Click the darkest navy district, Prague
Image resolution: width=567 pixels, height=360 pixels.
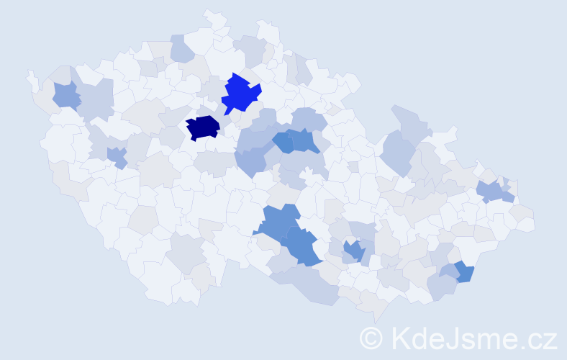point(203,127)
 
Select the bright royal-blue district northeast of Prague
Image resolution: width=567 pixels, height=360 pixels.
point(240,94)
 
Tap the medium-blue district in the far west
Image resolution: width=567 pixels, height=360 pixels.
point(65,95)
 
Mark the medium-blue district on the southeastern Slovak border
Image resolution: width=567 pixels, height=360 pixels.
point(464,271)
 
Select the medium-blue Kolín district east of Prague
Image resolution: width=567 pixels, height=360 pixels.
point(283,142)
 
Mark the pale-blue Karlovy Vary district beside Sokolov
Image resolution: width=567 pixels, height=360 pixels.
point(96,100)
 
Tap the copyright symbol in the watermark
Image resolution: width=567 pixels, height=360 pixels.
point(371,338)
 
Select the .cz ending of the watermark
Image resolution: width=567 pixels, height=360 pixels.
point(538,338)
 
